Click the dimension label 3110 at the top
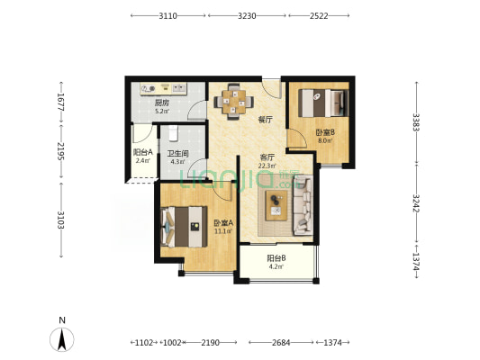[x=168, y=15]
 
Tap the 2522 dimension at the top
[x=319, y=15]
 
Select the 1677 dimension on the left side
[x=61, y=102]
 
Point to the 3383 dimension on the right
[x=416, y=122]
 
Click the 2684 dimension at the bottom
[x=281, y=343]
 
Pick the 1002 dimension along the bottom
[x=172, y=343]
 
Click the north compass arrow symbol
[x=62, y=339]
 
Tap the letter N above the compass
[x=62, y=320]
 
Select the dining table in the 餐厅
[x=233, y=101]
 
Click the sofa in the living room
[x=303, y=205]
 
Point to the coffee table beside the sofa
[x=276, y=205]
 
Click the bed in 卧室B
[x=323, y=103]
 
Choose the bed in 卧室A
[x=184, y=227]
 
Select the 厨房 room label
[x=161, y=103]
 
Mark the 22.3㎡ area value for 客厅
[x=267, y=166]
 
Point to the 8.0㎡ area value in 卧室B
[x=325, y=140]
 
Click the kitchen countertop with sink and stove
[x=164, y=89]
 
